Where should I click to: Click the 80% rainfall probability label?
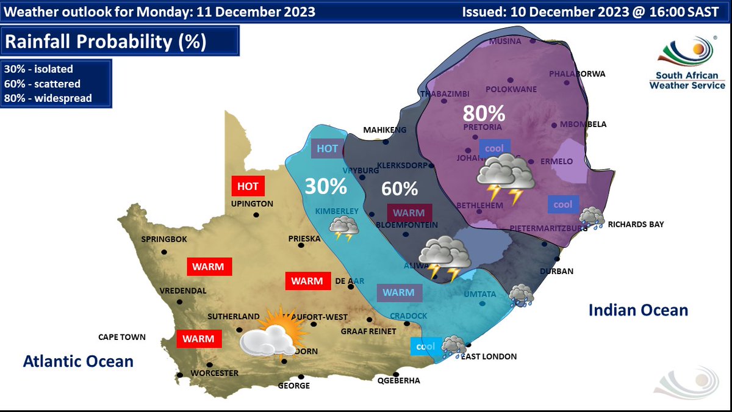[x=484, y=114]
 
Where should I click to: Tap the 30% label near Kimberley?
[x=326, y=186]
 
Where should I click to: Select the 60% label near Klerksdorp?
[x=400, y=189]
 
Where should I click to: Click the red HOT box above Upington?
[x=247, y=186]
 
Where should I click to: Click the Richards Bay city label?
[x=636, y=225]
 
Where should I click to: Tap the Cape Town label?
[x=122, y=337]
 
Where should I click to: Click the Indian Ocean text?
[x=638, y=311]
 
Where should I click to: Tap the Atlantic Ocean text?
[x=78, y=361]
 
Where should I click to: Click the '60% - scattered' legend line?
[x=42, y=84]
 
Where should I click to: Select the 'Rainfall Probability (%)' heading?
[x=105, y=42]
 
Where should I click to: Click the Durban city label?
[x=556, y=272]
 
